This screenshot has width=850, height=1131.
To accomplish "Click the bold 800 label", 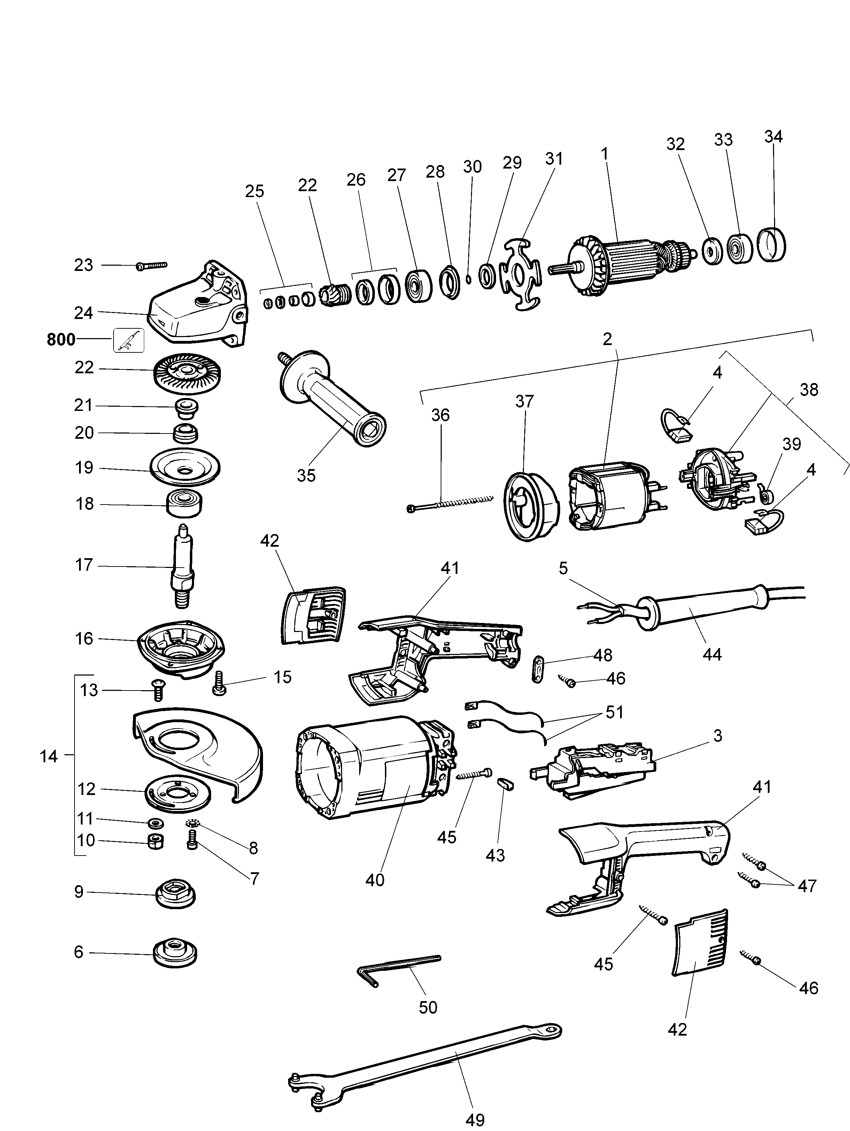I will (x=61, y=340).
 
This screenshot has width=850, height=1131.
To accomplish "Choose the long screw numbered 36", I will (x=450, y=503).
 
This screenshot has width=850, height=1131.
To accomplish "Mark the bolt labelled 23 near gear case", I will (x=152, y=266).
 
